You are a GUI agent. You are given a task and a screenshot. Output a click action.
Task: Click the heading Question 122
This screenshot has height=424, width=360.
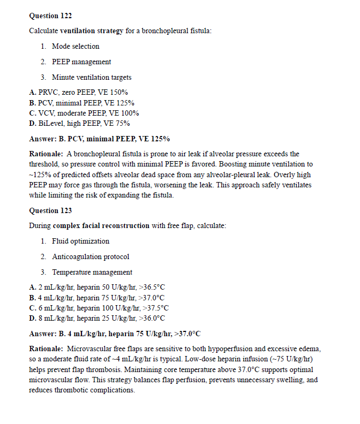tap(50, 16)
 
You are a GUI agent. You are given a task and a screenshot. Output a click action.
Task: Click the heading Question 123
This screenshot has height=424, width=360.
tap(50, 210)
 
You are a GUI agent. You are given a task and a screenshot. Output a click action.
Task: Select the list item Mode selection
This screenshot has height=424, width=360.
tap(76, 46)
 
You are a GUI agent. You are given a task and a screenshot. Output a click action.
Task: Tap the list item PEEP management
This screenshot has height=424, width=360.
tap(81, 62)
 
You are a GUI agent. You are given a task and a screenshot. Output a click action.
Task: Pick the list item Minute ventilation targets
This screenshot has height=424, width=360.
tap(92, 77)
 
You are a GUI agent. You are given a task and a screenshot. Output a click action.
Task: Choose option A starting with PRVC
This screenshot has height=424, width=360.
tap(78, 93)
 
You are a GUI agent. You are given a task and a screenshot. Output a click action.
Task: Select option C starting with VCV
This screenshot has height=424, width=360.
tap(84, 113)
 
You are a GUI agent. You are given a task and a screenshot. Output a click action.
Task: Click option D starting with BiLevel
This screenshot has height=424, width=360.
tap(79, 123)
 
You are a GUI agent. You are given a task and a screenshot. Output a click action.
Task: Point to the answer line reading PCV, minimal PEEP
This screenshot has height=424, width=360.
tap(99, 139)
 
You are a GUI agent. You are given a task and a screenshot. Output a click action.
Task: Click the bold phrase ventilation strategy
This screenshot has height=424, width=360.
tap(92, 31)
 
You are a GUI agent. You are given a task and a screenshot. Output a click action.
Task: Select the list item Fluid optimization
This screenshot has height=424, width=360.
tap(80, 241)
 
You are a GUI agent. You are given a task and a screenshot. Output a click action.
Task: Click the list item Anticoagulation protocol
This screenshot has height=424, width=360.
tap(91, 256)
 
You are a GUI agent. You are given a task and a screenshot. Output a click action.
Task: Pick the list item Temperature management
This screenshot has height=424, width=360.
tap(92, 272)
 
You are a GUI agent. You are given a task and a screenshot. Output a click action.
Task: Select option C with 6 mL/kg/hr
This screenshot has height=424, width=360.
tap(99, 308)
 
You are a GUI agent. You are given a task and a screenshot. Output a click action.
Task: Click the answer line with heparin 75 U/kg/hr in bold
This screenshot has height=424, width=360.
tap(115, 334)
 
